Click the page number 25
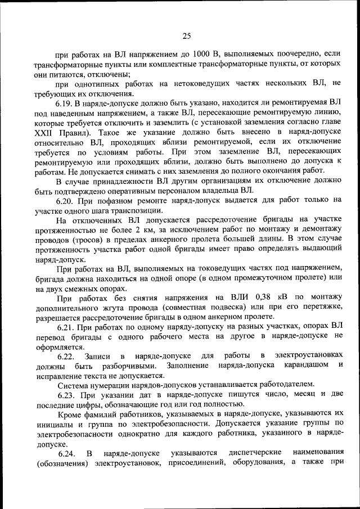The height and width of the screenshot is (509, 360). [187, 36]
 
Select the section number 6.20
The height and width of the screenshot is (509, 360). [66, 200]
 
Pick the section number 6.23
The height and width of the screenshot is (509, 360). [66, 395]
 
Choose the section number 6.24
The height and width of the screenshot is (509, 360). [66, 453]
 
